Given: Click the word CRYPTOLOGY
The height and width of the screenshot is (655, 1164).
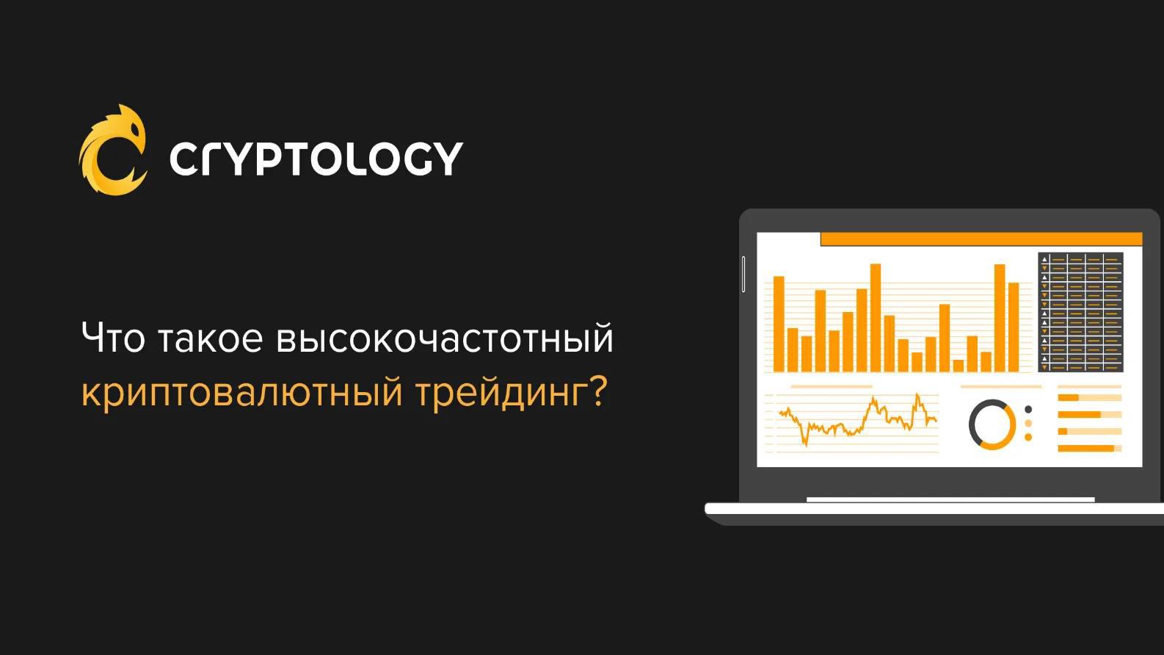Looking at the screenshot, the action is pos(316,159).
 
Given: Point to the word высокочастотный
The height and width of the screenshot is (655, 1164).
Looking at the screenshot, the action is pos(445,339).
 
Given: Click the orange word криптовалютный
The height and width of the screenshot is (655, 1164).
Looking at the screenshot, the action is pos(241,394).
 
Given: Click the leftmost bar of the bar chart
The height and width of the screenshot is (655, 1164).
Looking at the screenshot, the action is pos(779,324).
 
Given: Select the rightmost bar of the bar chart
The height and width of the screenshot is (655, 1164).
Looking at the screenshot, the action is pos(1014,327).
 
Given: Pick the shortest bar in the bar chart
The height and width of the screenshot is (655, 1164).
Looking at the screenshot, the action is pos(959,366).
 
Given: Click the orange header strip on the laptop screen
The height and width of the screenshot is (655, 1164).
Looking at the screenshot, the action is pos(981,239).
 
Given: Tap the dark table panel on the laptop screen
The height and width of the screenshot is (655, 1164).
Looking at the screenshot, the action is pos(1080,312).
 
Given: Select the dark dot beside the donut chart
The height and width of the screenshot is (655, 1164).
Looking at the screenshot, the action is pos(1027,410).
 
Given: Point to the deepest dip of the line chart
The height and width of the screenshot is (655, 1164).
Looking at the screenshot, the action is pos(805,445).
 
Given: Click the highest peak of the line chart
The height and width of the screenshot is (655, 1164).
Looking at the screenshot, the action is pos(917,395).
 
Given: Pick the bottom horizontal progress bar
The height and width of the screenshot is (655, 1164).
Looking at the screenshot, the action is pos(1090,449).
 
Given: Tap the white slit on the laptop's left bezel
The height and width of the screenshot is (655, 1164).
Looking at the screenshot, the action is pos(743,273).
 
